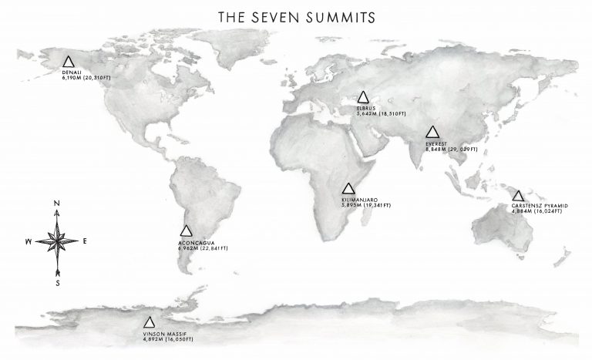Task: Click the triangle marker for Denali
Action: coord(69,62)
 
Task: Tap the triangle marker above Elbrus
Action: coord(364,98)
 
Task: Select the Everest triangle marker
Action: coord(432,133)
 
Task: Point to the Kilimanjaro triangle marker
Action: coord(348,189)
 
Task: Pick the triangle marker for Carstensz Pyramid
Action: coord(518,196)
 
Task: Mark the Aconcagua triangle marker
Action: coord(186,230)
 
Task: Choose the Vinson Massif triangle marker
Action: coord(150,323)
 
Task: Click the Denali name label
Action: coord(71,72)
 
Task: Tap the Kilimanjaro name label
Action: coord(358,200)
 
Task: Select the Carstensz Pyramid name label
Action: coord(540,207)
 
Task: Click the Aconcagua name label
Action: coord(196,241)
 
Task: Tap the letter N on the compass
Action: coord(58,204)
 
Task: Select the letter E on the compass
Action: coord(84,241)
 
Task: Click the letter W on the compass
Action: coord(29,241)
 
